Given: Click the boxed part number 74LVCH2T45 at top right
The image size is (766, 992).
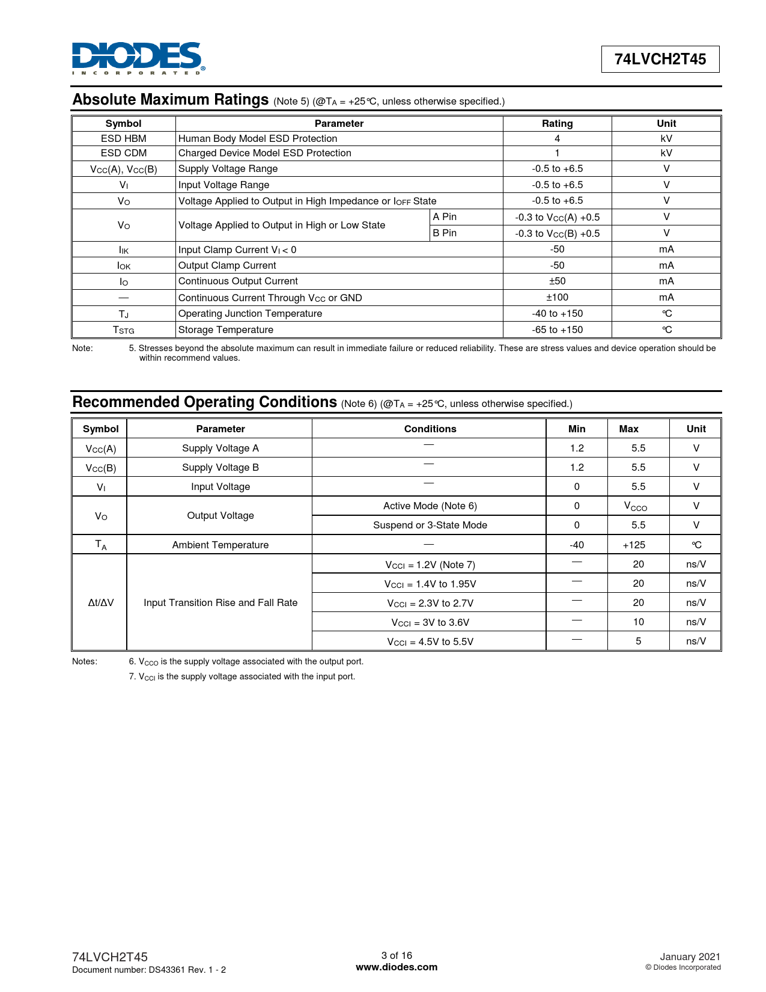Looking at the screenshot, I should (x=660, y=60).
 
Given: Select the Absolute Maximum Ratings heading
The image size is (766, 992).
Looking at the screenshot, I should (x=171, y=100).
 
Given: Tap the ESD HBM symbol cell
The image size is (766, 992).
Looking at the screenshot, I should (x=123, y=138).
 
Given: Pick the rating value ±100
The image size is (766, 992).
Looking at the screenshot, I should (x=557, y=298).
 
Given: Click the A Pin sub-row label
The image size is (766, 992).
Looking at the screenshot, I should (x=445, y=217).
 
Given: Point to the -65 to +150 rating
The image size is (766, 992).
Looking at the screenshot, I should (x=557, y=329).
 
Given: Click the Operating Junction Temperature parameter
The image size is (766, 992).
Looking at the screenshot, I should (x=250, y=313).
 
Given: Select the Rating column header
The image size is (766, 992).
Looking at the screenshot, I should (x=557, y=123).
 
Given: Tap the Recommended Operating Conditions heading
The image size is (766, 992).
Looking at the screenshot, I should (x=204, y=402).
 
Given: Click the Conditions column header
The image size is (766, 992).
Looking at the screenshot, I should (x=430, y=429).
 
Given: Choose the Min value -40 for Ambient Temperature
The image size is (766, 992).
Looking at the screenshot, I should (x=577, y=545).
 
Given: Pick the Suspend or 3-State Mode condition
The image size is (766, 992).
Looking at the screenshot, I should (x=430, y=525).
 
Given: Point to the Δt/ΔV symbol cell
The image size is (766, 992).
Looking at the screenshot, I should (x=100, y=602).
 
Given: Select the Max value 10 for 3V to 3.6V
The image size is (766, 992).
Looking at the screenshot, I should (x=638, y=622).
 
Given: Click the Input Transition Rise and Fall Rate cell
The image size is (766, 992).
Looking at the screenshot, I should (x=220, y=602).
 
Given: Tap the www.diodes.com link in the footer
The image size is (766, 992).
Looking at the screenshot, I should (x=397, y=967).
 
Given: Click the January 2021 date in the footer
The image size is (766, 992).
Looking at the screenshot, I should (x=690, y=957).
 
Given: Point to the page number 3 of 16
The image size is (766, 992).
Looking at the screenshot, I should (x=397, y=955).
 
